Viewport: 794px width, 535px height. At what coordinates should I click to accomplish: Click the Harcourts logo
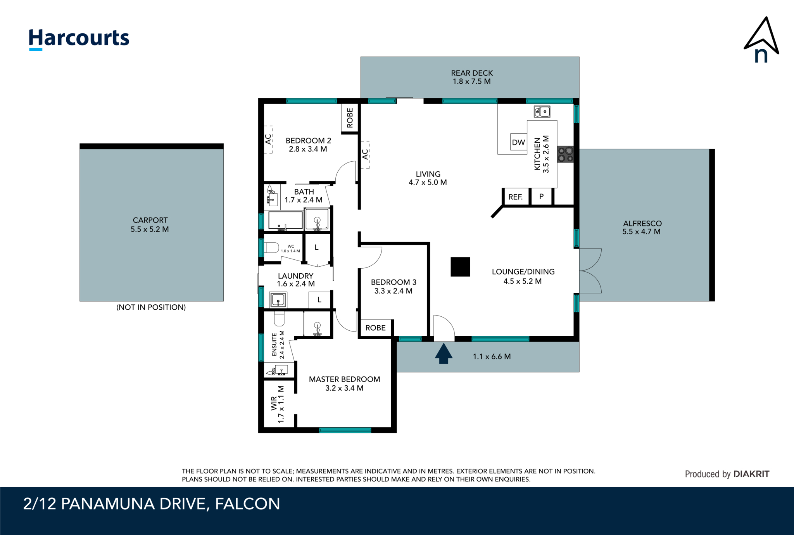click(x=79, y=39)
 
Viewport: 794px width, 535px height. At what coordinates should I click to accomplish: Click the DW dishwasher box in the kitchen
click(x=518, y=142)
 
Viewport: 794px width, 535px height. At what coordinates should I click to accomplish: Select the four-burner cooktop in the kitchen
click(x=565, y=154)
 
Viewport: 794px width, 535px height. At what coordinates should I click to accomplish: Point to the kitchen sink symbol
click(x=542, y=112)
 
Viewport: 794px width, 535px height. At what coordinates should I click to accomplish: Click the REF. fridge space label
click(x=515, y=197)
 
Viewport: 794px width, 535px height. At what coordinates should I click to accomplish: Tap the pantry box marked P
click(x=541, y=197)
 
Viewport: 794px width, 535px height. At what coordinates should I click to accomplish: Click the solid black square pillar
click(x=460, y=267)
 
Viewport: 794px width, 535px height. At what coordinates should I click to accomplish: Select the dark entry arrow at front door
click(x=444, y=354)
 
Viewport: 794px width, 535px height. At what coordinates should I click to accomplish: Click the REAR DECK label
click(x=471, y=73)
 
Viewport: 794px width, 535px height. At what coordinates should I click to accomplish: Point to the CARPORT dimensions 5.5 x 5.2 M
click(x=150, y=229)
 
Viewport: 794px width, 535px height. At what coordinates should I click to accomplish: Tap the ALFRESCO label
click(x=642, y=223)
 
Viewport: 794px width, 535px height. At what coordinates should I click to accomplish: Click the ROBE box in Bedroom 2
click(x=350, y=118)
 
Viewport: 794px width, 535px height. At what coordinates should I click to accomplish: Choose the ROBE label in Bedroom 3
click(x=375, y=328)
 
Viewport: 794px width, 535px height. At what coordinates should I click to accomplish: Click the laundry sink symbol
click(x=278, y=300)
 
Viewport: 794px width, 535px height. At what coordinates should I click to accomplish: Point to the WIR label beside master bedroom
click(x=274, y=403)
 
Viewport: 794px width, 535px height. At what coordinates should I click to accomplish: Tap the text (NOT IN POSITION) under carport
click(x=151, y=307)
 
